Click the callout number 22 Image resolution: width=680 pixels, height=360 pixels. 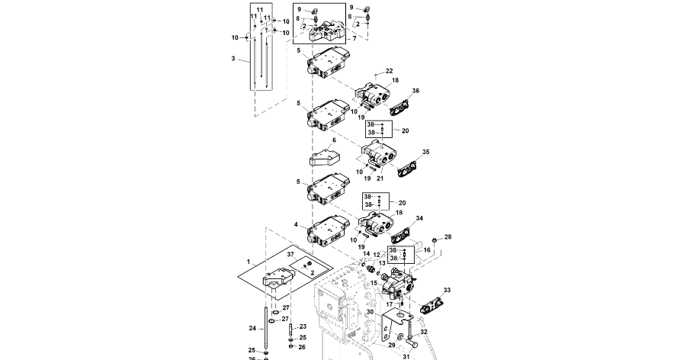point(389,71)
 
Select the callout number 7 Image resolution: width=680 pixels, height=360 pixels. point(354,38)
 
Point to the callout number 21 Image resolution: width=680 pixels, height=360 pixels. point(380,178)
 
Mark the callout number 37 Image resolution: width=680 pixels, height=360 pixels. point(290,254)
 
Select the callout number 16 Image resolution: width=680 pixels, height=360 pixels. point(427,249)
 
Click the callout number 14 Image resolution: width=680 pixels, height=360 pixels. point(366,254)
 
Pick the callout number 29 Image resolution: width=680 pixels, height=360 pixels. point(393,345)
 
